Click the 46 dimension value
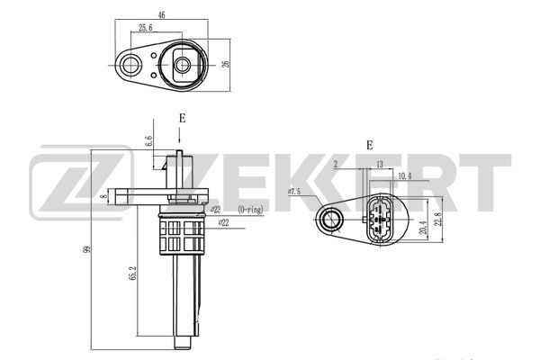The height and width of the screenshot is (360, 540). pos(161,14)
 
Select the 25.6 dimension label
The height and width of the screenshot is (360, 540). pos(145,28)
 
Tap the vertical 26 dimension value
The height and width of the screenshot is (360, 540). pos(226,65)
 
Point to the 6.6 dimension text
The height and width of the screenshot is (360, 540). pos(148,141)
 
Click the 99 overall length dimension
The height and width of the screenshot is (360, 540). pos(87,249)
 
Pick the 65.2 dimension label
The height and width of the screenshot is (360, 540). pos(133,273)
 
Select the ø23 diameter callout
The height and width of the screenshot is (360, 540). pos(215,209)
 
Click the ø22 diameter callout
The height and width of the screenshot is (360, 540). pos(223,223)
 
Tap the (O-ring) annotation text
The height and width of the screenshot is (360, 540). pos(250,209)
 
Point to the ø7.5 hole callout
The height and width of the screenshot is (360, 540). pos(294,192)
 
